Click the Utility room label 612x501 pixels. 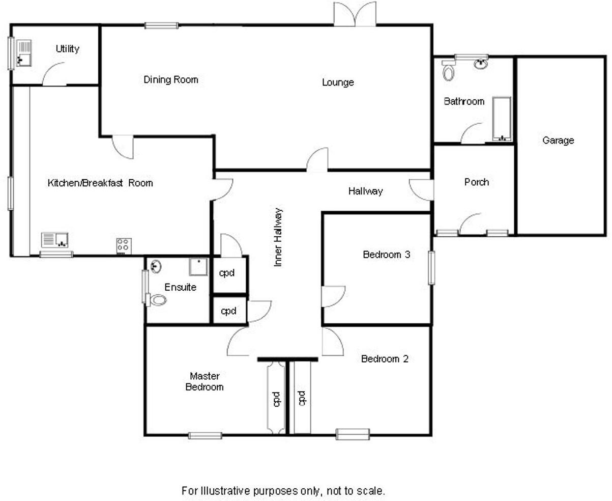[68, 49]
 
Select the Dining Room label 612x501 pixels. [170, 80]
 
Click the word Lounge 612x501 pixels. [338, 82]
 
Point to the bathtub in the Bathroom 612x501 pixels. [502, 118]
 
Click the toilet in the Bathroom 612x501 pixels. [448, 71]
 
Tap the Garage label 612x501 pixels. [558, 141]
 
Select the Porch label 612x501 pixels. [477, 182]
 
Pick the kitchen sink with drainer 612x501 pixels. [55, 239]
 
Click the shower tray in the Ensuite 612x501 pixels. [198, 266]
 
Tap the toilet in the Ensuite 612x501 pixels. [157, 300]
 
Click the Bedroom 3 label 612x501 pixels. [387, 255]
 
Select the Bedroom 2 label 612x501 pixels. [385, 359]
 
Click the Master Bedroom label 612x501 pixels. [205, 381]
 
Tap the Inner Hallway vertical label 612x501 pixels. [278, 237]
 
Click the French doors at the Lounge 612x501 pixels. [355, 14]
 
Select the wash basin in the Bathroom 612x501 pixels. [480, 64]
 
